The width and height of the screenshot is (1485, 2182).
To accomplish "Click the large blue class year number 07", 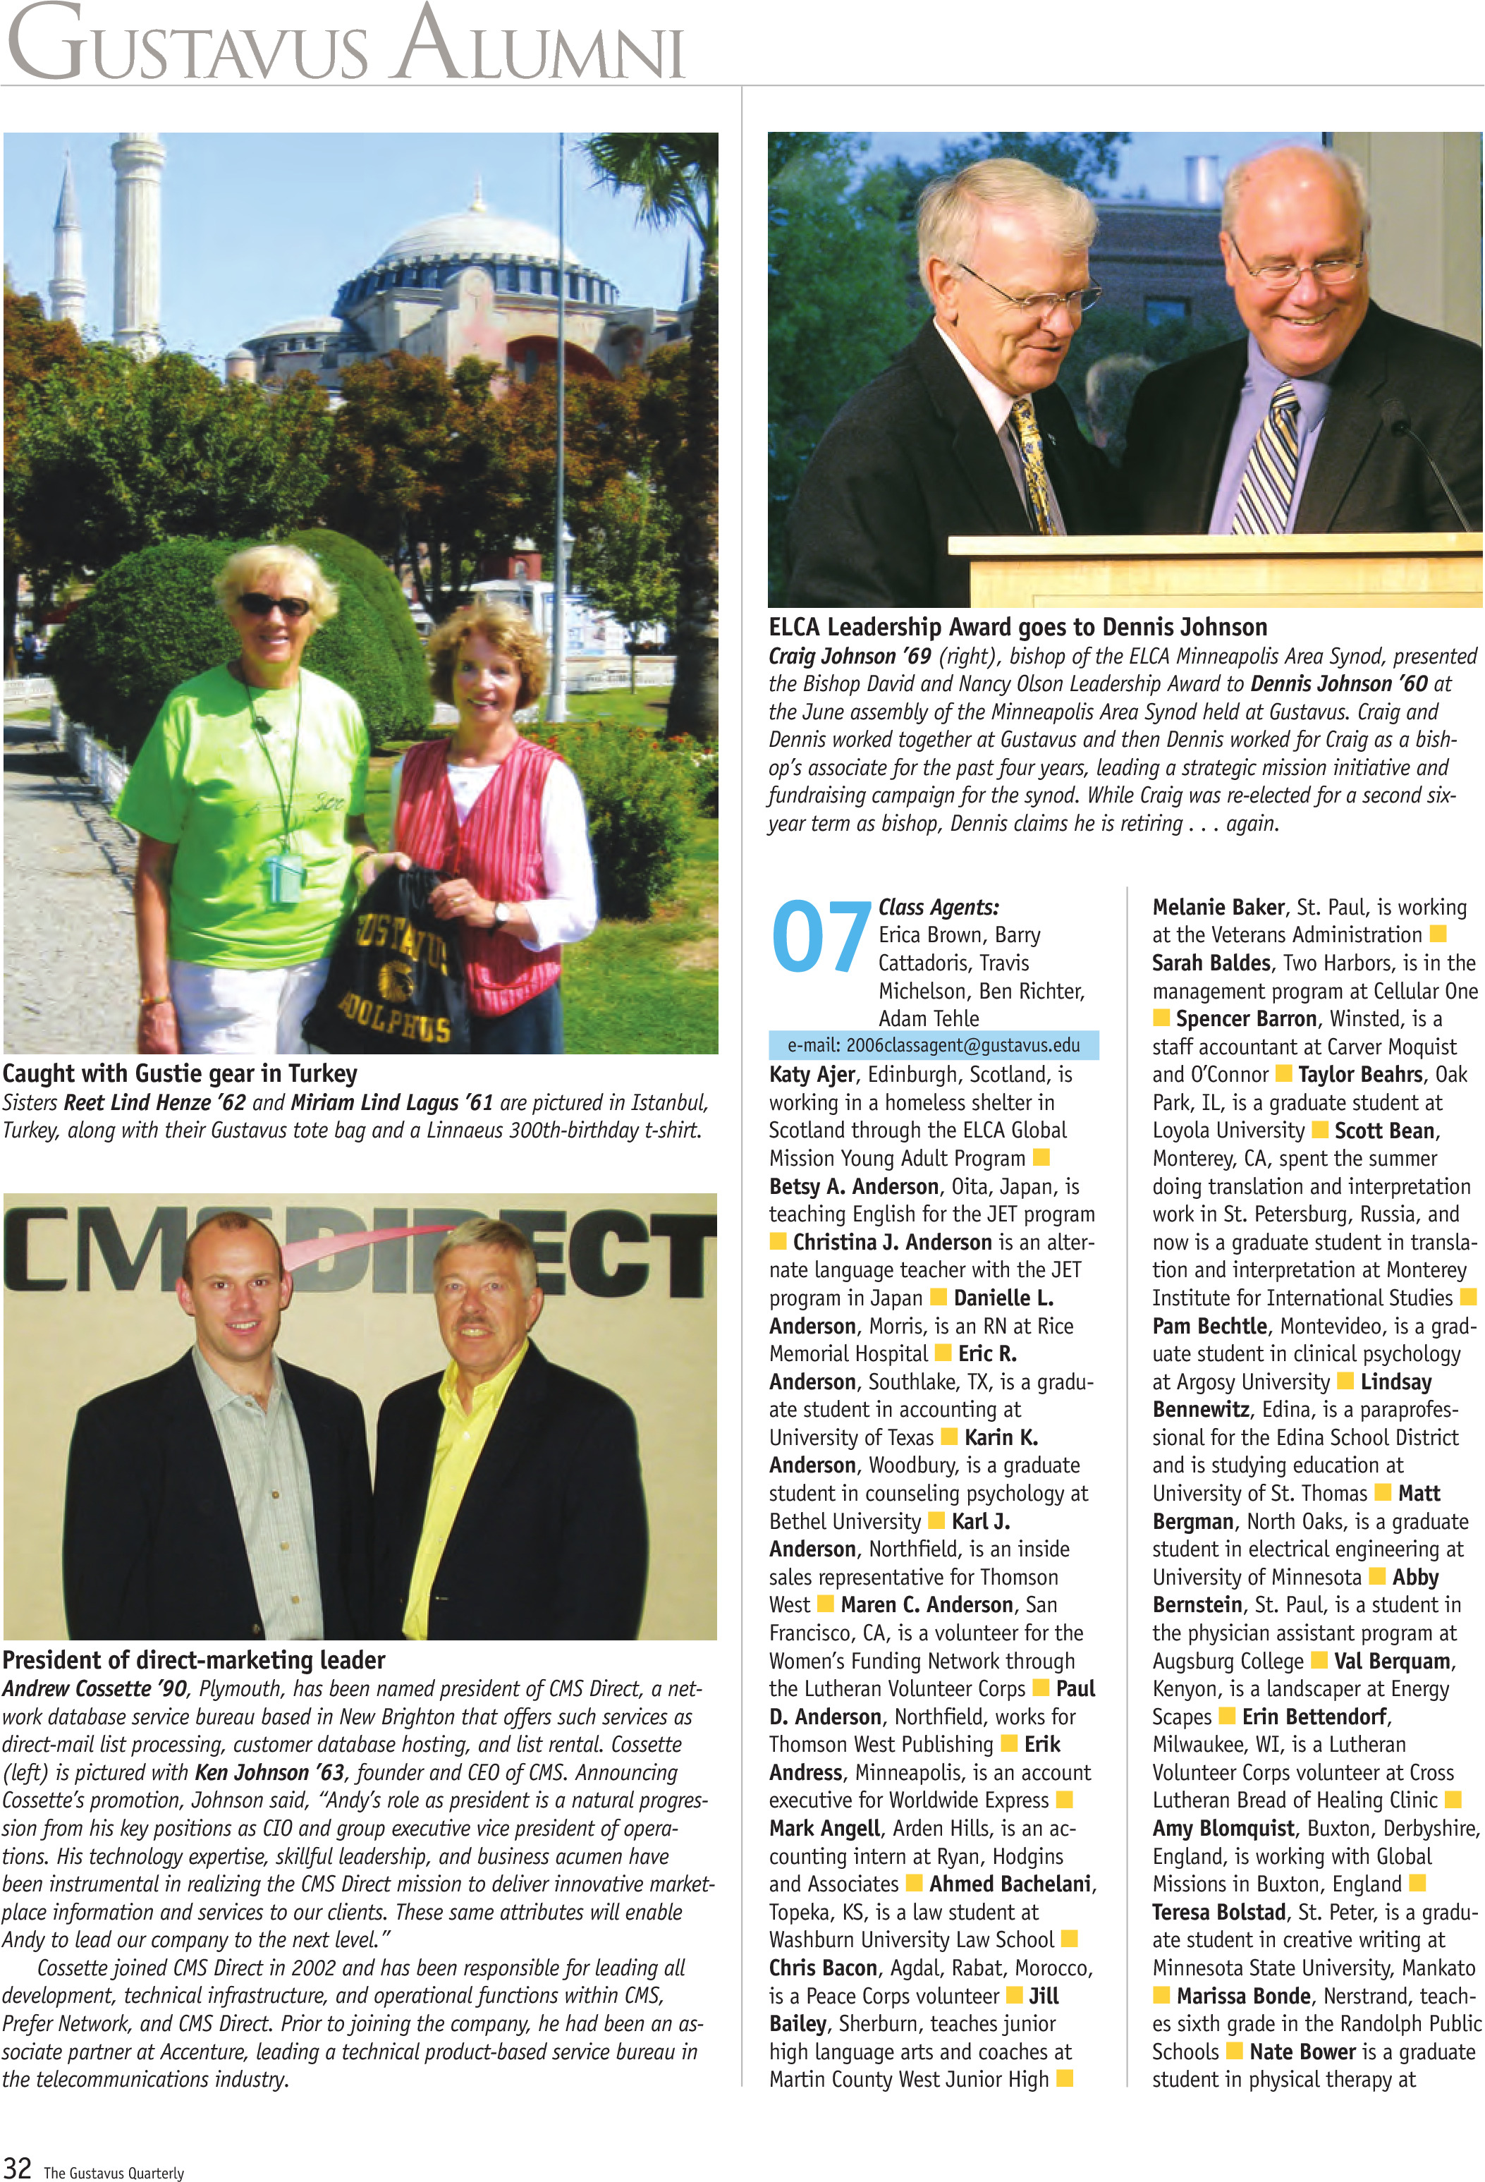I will pos(820,935).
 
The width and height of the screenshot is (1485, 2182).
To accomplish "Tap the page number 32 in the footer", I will pos(18,2167).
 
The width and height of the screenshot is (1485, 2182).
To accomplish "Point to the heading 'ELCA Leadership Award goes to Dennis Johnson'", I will pos(1018,626).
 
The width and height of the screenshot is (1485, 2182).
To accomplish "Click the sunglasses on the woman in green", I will pos(272,604).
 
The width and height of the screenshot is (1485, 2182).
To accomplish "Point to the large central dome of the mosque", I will pos(479,244).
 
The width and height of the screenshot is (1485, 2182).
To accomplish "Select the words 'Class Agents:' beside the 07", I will pos(939,907).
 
